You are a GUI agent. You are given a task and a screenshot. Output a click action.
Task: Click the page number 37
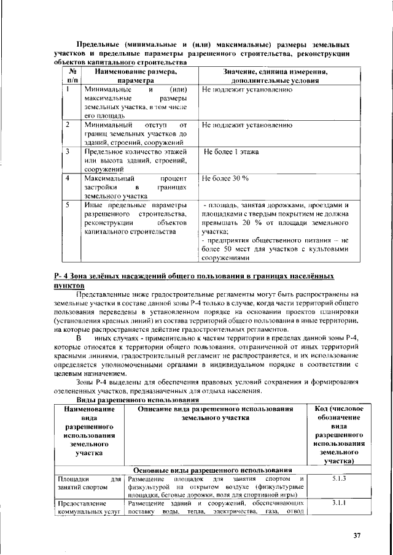pos(357,535)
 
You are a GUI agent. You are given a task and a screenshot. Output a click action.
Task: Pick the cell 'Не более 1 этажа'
pos(231,151)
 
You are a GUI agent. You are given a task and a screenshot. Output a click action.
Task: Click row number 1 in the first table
pos(66,90)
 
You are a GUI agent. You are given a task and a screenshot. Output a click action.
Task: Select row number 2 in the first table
pos(66,124)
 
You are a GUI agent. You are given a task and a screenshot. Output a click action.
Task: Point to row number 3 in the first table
pos(66,151)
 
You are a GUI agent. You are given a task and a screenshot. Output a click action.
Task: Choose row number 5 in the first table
pos(66,205)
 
